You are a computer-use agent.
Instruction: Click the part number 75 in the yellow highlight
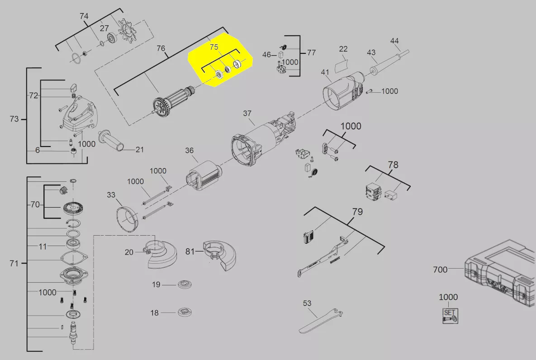point(214,47)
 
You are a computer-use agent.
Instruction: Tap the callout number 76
point(161,48)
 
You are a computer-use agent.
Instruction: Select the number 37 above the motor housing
point(247,113)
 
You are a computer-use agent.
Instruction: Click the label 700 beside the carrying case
point(440,270)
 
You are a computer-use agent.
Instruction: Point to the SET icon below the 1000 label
point(450,316)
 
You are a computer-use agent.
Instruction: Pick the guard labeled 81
point(219,255)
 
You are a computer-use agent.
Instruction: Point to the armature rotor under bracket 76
point(173,102)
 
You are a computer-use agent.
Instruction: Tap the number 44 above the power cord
point(394,41)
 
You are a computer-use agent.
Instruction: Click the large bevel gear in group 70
point(75,208)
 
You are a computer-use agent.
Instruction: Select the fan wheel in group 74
point(127,30)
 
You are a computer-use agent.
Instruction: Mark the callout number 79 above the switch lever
point(357,212)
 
